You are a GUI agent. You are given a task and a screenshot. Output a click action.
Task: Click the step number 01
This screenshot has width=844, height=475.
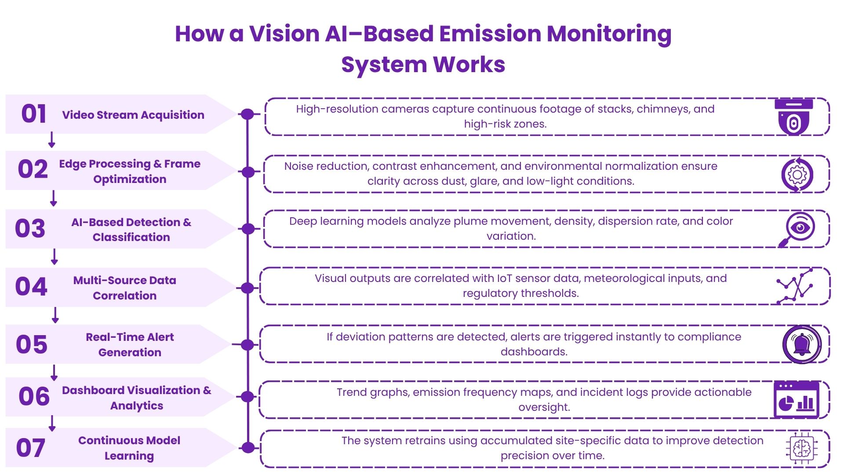[x=34, y=114]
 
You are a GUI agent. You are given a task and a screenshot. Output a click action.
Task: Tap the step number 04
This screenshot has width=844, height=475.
[x=31, y=287]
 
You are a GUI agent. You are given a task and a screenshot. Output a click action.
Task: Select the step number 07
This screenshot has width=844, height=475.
[x=31, y=448]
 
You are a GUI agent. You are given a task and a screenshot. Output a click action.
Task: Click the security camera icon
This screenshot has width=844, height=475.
[x=793, y=117]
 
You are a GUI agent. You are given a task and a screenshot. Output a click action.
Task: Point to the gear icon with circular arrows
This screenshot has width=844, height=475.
[x=797, y=175]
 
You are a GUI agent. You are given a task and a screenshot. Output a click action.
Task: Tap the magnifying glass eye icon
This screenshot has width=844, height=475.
[x=797, y=229]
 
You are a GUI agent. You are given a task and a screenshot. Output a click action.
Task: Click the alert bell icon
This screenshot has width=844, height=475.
[x=802, y=344]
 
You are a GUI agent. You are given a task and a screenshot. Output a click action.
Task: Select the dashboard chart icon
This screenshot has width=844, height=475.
[x=797, y=399]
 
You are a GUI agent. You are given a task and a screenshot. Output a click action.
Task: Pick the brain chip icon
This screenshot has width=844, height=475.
[x=802, y=448]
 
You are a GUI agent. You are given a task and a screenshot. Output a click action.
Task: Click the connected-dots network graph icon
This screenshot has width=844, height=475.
[x=795, y=287]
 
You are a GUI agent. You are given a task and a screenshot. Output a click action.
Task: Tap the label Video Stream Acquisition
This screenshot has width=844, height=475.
[x=133, y=115]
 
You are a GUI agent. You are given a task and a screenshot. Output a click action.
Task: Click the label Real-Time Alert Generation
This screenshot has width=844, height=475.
[x=130, y=345]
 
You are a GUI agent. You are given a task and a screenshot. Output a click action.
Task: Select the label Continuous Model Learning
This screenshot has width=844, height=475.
[x=129, y=448]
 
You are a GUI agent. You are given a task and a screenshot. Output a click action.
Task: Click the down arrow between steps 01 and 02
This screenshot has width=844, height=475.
[x=51, y=139]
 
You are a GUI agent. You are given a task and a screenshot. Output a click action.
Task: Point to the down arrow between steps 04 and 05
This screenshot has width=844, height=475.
[x=55, y=315]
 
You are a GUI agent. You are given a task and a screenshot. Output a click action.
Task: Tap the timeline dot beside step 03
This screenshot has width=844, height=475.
[x=248, y=229]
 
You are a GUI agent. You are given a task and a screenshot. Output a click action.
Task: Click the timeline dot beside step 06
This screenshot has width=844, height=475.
[x=248, y=397]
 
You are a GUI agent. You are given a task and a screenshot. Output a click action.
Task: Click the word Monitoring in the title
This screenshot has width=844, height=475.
[x=609, y=34]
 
